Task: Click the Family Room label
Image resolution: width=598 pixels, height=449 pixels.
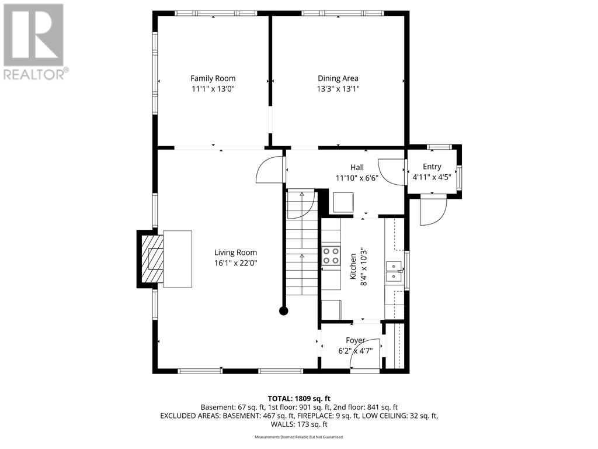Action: [x=213, y=78]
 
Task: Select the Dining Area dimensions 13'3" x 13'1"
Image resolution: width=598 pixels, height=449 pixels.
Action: [x=338, y=89]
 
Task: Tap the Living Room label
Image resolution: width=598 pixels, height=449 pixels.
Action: [x=235, y=253]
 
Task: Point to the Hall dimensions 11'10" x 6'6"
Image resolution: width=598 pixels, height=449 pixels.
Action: [x=357, y=178]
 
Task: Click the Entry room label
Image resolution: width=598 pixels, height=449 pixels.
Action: [x=432, y=167]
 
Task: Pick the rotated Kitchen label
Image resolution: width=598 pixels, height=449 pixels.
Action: [x=353, y=266]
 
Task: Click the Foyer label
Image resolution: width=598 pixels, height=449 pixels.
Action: [x=356, y=340]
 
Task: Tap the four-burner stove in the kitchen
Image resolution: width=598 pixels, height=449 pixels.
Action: [x=331, y=256]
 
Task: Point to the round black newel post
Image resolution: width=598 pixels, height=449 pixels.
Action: [x=283, y=311]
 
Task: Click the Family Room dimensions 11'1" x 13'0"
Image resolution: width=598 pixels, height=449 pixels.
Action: [x=213, y=89]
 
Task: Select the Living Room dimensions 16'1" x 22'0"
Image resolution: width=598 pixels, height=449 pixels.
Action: [x=235, y=263]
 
